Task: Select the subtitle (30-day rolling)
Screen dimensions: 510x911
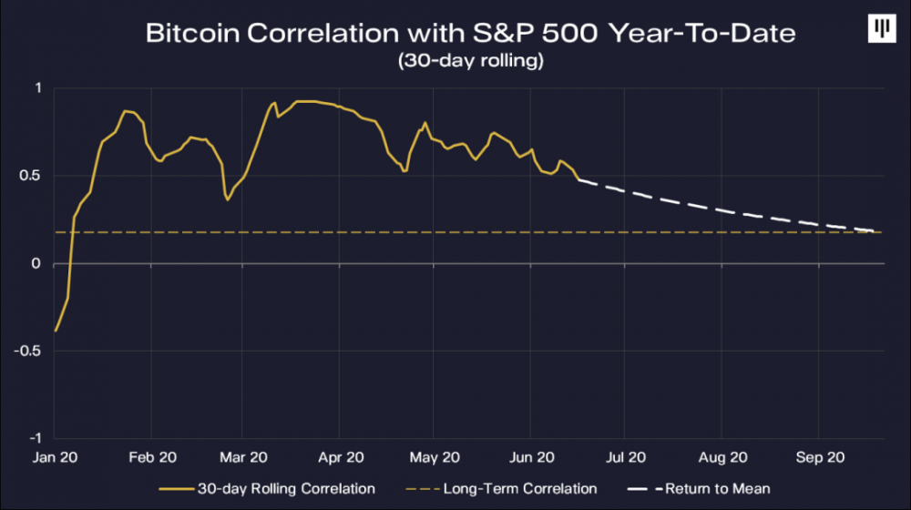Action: [471, 63]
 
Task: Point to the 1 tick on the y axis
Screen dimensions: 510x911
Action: [38, 87]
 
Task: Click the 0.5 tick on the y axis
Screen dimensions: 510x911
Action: [33, 176]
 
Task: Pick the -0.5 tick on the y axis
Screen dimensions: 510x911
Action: [31, 351]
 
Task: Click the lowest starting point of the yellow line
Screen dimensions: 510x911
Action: [56, 331]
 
